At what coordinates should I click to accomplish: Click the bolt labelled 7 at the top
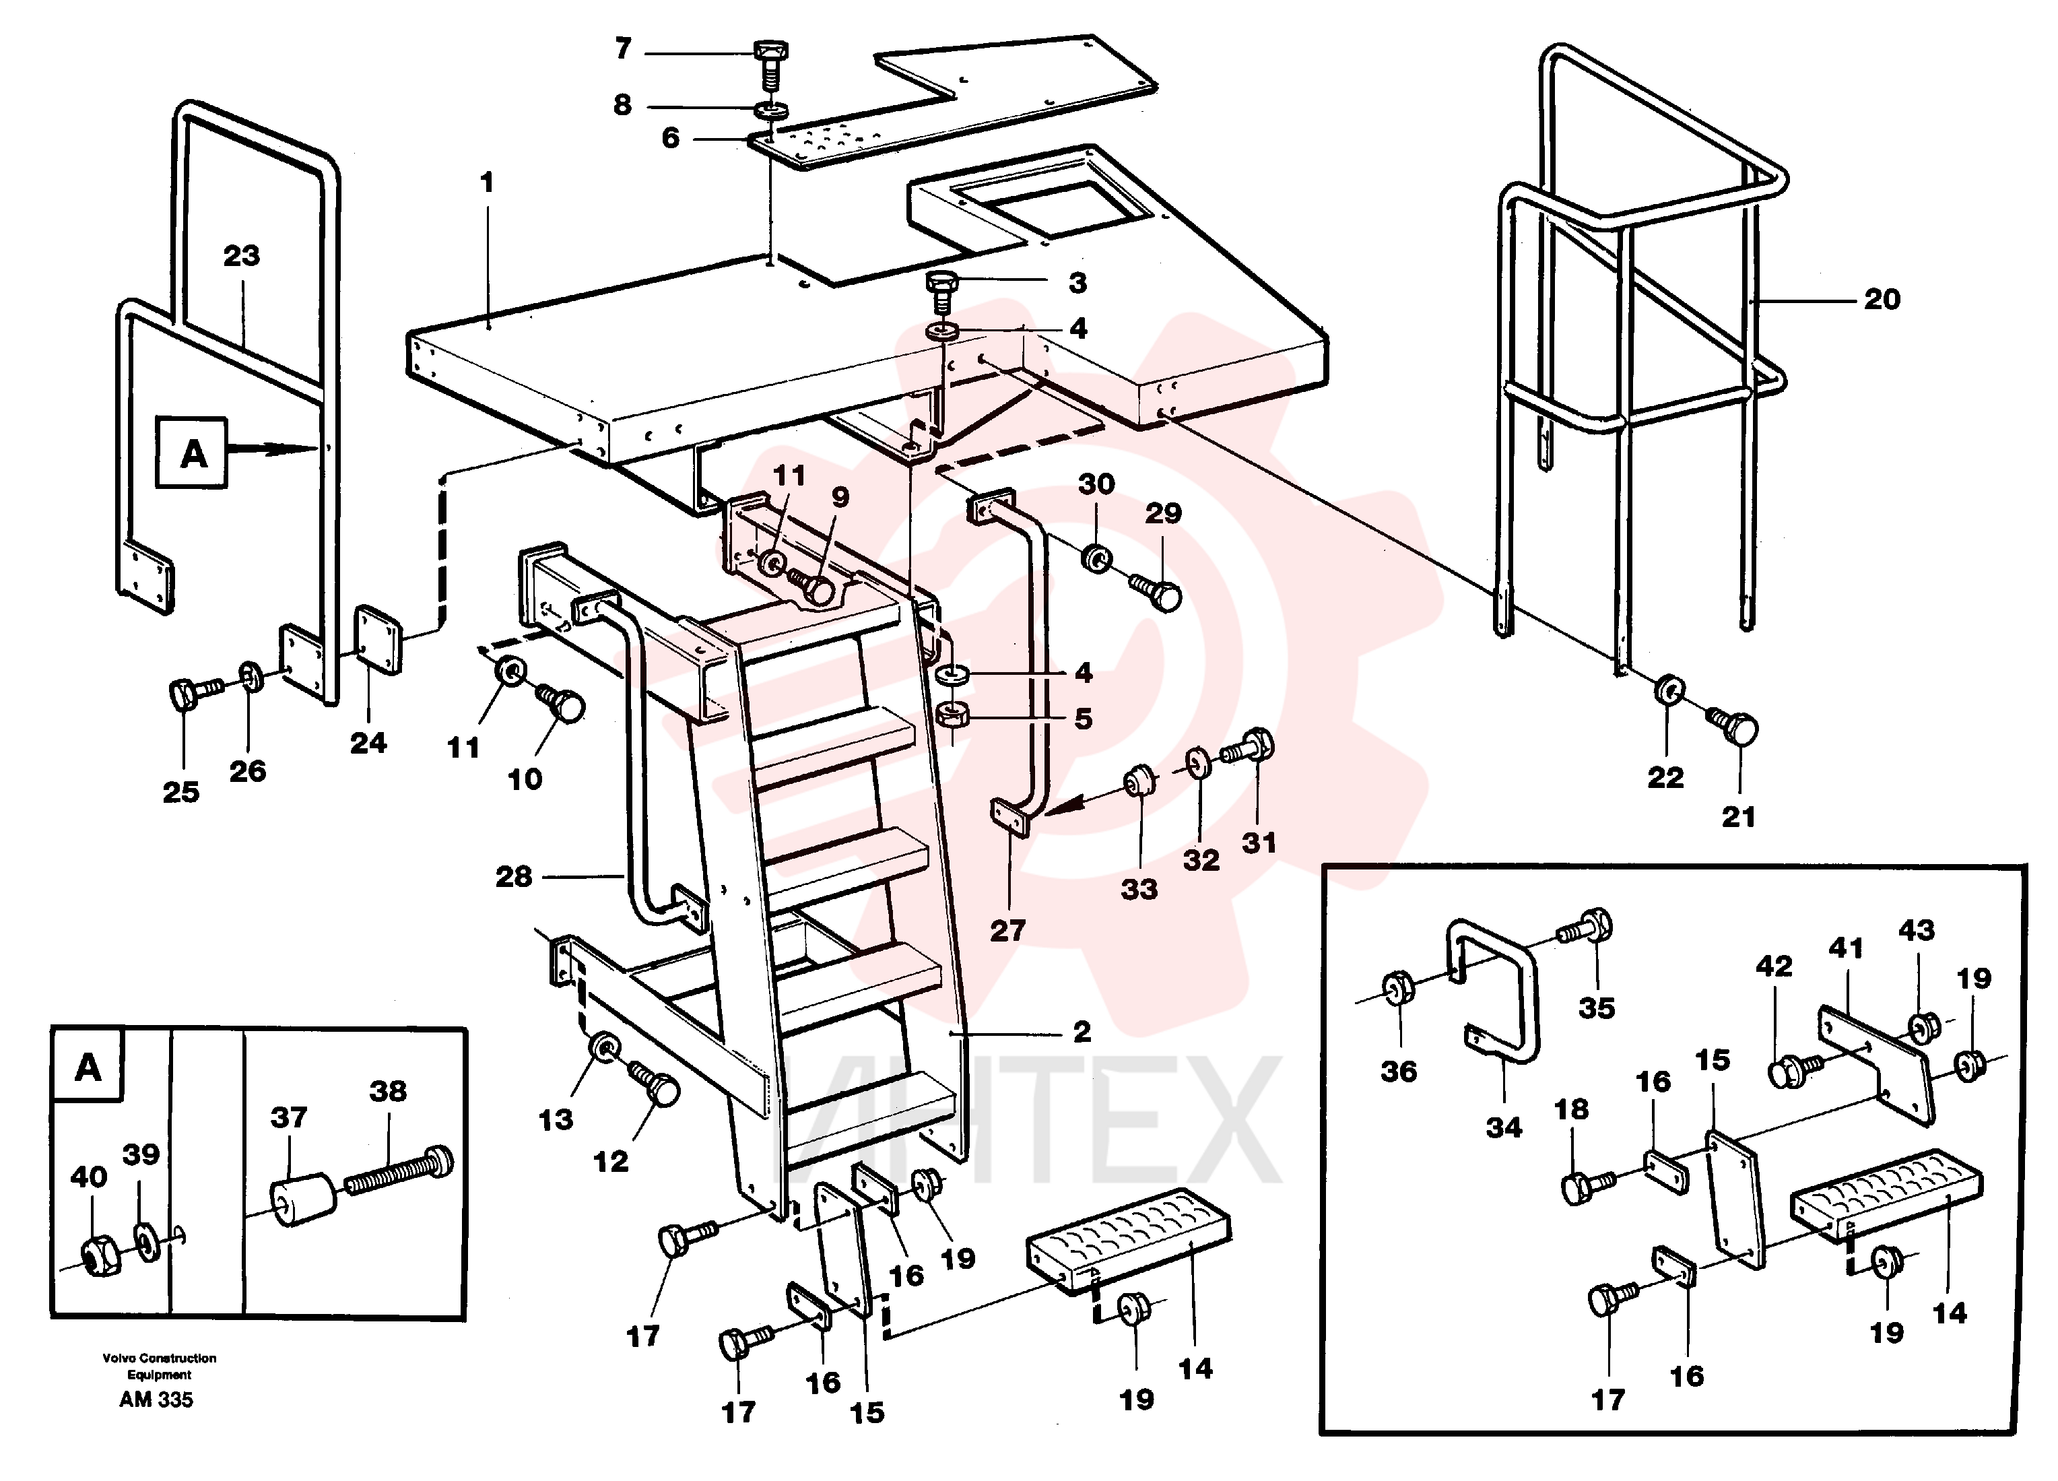(770, 63)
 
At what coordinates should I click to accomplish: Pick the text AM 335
(156, 1400)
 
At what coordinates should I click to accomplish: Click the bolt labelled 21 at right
(1733, 727)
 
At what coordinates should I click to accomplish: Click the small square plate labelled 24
(376, 640)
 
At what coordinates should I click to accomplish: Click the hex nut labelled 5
(952, 715)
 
